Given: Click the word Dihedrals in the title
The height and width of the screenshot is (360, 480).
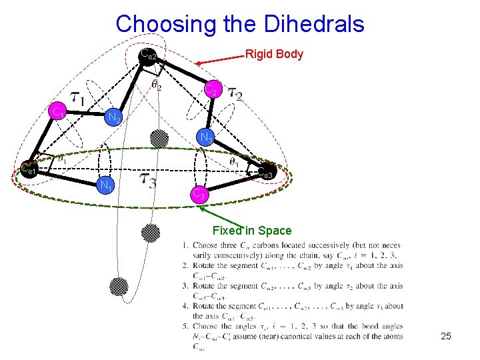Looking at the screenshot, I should click(312, 25).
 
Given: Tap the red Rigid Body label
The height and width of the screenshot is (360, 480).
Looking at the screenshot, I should click(274, 55).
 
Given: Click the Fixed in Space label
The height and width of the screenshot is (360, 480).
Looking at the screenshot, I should click(251, 231).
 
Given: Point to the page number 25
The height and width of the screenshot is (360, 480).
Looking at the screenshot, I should click(446, 337).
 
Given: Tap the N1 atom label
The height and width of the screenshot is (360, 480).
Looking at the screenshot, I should click(105, 185).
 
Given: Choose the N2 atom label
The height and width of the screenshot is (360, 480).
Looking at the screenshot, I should click(114, 119).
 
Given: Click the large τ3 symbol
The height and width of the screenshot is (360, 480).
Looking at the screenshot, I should click(148, 180).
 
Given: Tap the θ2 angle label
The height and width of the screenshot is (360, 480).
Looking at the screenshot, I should click(155, 85).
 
